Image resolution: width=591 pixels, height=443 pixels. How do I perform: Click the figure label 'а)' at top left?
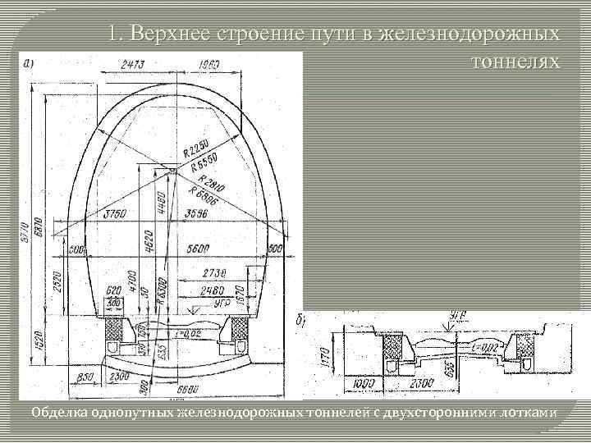pyautogui.click(x=30, y=62)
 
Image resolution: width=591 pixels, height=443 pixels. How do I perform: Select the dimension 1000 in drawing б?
pyautogui.click(x=364, y=383)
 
